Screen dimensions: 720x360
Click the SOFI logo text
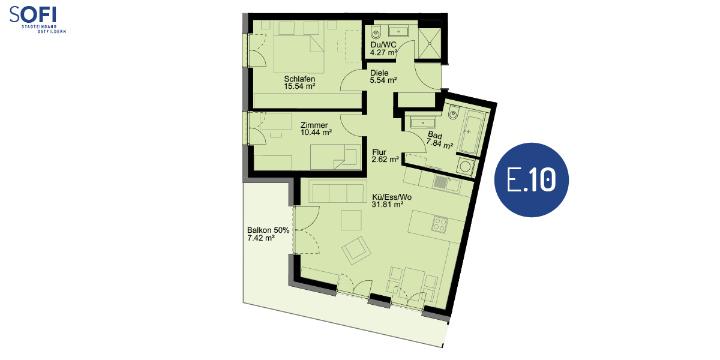tap(33, 14)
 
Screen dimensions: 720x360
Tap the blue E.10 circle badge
tap(532, 180)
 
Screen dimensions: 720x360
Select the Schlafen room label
tap(299, 79)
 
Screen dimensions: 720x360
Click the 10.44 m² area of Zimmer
tap(316, 132)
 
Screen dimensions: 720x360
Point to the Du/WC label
tap(383, 44)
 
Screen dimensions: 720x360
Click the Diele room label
tap(379, 73)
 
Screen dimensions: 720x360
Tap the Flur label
tap(379, 152)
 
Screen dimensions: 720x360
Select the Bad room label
tap(435, 136)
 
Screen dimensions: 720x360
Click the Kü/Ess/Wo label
tap(392, 197)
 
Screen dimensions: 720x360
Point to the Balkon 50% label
tap(268, 230)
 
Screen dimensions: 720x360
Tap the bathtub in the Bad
tap(470, 133)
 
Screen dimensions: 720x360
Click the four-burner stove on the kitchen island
tap(439, 224)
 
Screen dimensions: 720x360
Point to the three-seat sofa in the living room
tap(337, 191)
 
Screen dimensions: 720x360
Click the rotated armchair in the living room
tap(356, 251)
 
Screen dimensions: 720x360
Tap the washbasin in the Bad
tap(422, 123)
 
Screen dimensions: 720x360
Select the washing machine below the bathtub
tap(465, 167)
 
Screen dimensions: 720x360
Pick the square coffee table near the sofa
tap(351, 220)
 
